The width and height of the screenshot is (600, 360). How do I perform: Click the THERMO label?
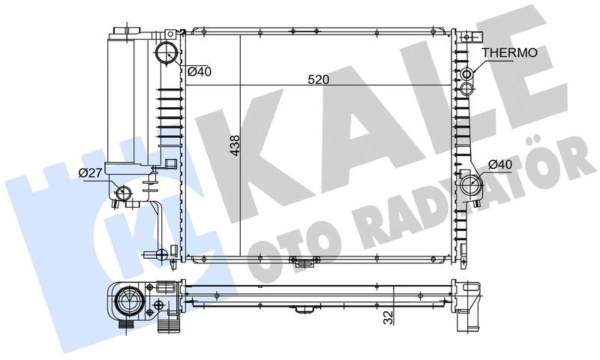click(x=510, y=52)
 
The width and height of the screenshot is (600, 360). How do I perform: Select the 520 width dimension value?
click(x=318, y=79)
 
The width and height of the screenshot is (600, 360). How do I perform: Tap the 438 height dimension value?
click(x=235, y=145)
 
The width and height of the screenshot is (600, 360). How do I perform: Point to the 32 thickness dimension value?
click(x=388, y=317)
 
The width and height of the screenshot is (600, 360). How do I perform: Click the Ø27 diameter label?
click(x=90, y=173)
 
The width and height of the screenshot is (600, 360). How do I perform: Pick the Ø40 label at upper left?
click(x=199, y=71)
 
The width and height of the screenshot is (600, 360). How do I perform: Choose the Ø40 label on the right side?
click(x=500, y=165)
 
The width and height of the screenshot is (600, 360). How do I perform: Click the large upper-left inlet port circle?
click(x=166, y=52)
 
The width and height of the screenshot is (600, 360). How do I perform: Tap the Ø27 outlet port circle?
click(x=123, y=193)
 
